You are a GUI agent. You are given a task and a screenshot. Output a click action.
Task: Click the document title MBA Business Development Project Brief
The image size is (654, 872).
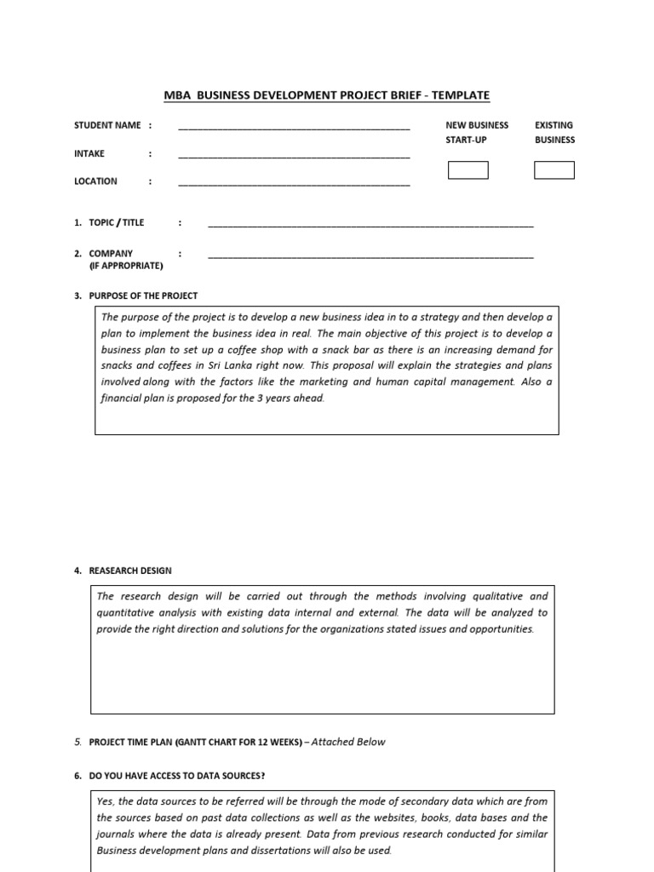coord(326,95)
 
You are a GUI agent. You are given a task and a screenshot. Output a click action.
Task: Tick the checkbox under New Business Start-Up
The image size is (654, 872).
coord(468,170)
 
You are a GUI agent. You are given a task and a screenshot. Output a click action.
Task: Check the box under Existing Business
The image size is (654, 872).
coord(554,170)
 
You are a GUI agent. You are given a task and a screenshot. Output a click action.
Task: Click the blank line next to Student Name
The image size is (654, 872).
coord(294,127)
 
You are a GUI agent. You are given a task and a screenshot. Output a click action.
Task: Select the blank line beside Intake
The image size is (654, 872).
coord(294,156)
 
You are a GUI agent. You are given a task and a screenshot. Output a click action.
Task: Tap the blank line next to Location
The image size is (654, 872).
coord(294,183)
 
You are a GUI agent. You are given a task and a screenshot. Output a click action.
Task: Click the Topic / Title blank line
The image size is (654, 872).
coord(370,225)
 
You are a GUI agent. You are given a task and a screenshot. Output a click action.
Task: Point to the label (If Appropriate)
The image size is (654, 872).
coord(126,266)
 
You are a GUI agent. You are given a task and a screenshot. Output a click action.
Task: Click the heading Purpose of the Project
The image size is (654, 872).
coord(143,295)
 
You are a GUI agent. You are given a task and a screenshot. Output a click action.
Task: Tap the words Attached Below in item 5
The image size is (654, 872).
coord(348,742)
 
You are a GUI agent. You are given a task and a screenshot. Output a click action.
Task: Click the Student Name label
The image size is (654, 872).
coord(107,125)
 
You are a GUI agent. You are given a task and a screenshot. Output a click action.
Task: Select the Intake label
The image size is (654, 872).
coord(89,153)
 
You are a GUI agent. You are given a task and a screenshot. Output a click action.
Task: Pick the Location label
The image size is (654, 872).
coord(96,181)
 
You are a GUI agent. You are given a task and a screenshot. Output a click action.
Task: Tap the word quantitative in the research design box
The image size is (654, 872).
coord(125,613)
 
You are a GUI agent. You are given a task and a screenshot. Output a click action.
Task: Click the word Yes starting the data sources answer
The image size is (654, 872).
coord(105,801)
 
